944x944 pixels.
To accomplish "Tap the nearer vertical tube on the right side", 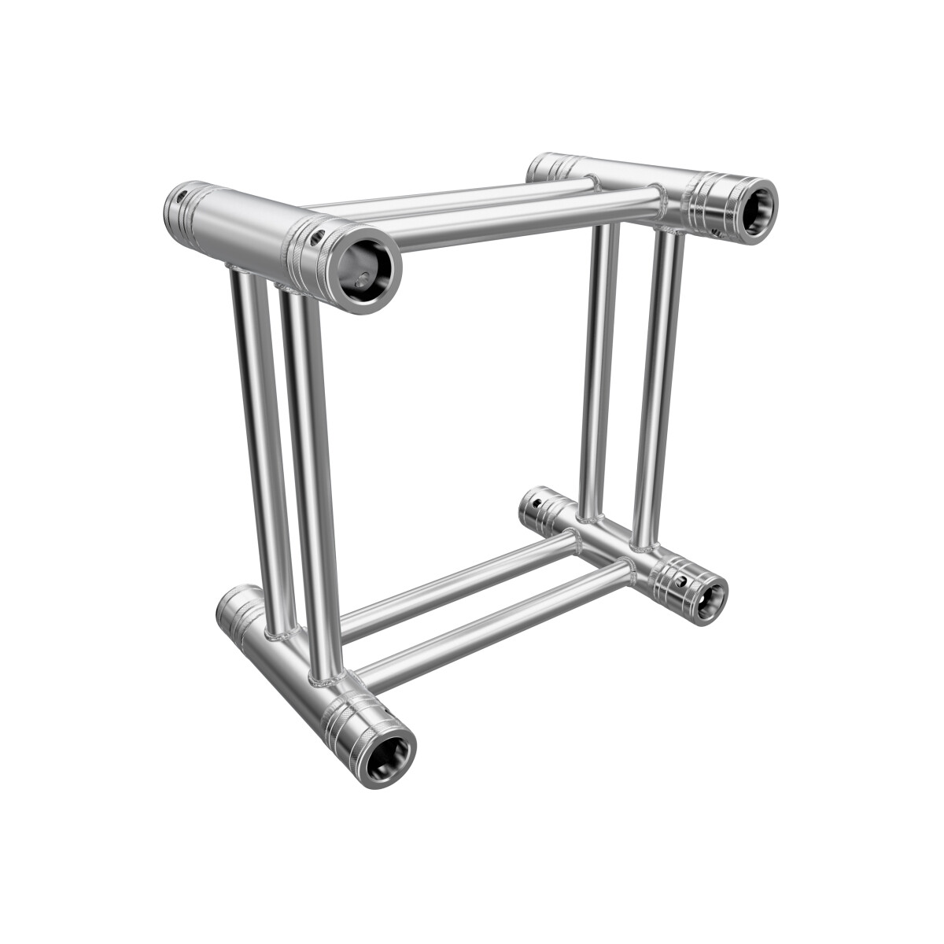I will click(655, 385).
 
